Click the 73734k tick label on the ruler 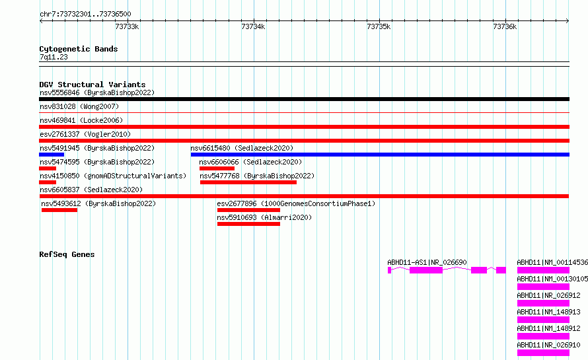click(x=253, y=26)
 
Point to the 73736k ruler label click(x=505, y=26)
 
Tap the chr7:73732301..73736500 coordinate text click(x=85, y=15)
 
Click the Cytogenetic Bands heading click(x=79, y=49)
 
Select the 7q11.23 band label click(x=54, y=57)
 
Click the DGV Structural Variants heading click(x=92, y=85)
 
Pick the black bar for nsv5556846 click(x=304, y=99)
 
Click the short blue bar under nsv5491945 click(x=52, y=155)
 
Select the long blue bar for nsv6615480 click(x=380, y=155)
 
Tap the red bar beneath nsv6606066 click(x=217, y=168)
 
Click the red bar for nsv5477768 click(x=248, y=182)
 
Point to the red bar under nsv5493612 click(x=59, y=210)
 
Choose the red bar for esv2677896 click(x=248, y=210)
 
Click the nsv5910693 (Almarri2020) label click(x=264, y=217)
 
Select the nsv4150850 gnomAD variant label click(x=113, y=176)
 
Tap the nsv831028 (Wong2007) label click(x=79, y=106)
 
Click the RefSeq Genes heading click(x=67, y=254)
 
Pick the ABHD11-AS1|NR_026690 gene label click(x=427, y=262)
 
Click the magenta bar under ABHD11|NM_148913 click(x=543, y=320)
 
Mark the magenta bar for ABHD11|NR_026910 click(x=543, y=353)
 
